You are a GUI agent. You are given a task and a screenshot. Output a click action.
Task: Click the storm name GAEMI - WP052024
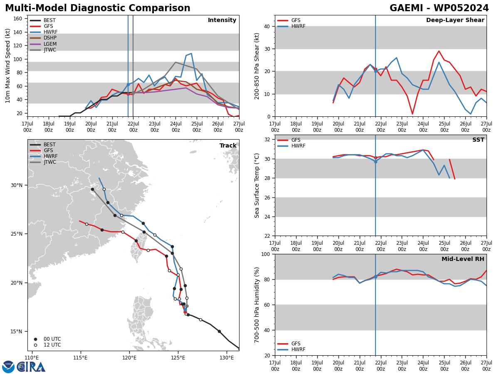(x=439, y=8)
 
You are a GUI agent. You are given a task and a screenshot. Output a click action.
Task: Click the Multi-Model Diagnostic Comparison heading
(x=98, y=8)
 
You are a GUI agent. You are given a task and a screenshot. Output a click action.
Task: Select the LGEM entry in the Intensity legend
(x=50, y=44)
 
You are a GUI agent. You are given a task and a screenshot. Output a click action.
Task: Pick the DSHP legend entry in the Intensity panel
(x=50, y=38)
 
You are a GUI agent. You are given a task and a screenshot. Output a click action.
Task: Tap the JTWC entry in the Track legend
(x=50, y=162)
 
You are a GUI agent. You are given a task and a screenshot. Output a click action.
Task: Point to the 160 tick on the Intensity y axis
(x=18, y=19)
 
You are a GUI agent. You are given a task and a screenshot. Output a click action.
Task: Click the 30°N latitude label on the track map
(x=17, y=185)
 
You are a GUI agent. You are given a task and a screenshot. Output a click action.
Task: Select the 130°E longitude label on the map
(x=227, y=358)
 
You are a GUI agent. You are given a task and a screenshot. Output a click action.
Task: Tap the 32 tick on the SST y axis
(x=267, y=140)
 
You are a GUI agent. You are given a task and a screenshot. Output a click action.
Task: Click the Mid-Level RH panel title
(x=463, y=259)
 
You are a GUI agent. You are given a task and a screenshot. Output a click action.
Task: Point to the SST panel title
(x=478, y=140)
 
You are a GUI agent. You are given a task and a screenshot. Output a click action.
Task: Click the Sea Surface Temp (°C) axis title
(x=257, y=185)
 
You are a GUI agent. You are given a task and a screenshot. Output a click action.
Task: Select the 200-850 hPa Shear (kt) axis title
(x=257, y=66)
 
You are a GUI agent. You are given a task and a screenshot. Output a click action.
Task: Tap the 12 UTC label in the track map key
(x=52, y=345)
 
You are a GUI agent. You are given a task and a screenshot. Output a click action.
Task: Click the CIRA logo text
(x=31, y=367)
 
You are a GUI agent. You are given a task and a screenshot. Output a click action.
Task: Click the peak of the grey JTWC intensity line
(x=175, y=62)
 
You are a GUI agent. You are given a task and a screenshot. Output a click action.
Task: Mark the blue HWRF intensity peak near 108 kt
(x=191, y=54)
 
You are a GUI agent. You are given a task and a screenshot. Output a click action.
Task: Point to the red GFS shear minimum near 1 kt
(x=413, y=113)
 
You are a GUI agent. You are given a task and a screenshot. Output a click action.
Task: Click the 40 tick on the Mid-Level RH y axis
(x=267, y=330)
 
